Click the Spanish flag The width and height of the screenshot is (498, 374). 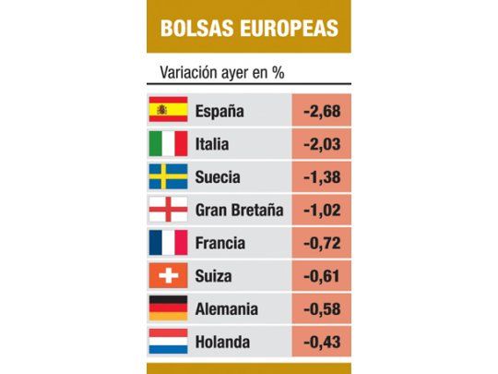(168, 111)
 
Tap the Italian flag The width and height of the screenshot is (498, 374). (168, 144)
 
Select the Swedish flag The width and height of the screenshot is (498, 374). (168, 176)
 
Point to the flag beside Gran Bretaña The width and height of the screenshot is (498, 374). (168, 210)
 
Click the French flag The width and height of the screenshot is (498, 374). (168, 243)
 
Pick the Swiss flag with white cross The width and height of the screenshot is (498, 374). (168, 275)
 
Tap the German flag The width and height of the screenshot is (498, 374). (168, 308)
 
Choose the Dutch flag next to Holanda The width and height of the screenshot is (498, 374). (168, 342)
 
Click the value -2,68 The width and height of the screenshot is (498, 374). (320, 111)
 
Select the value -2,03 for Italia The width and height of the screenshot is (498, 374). (320, 144)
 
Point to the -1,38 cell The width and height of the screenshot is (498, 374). (320, 176)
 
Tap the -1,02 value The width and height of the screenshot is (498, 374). (320, 210)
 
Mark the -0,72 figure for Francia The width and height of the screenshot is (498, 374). (320, 243)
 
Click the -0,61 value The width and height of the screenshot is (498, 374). (320, 275)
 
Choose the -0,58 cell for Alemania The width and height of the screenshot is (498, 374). (320, 308)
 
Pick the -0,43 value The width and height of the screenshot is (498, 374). (320, 342)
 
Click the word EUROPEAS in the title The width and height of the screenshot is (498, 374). (287, 27)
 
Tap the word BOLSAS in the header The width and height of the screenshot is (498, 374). (196, 27)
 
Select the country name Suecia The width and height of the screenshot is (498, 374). (219, 176)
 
